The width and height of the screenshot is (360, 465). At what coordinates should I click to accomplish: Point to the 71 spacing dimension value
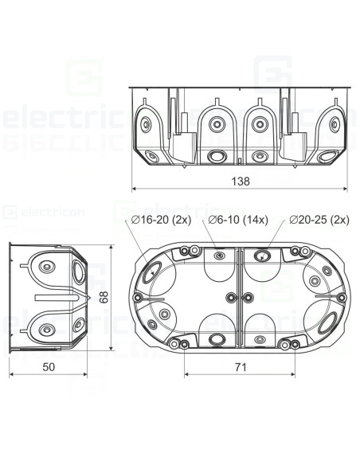coord(240,367)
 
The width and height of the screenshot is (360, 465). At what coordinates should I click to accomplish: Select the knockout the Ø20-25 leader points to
coord(260,256)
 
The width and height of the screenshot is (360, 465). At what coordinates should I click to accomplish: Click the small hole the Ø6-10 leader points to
coord(219,256)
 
